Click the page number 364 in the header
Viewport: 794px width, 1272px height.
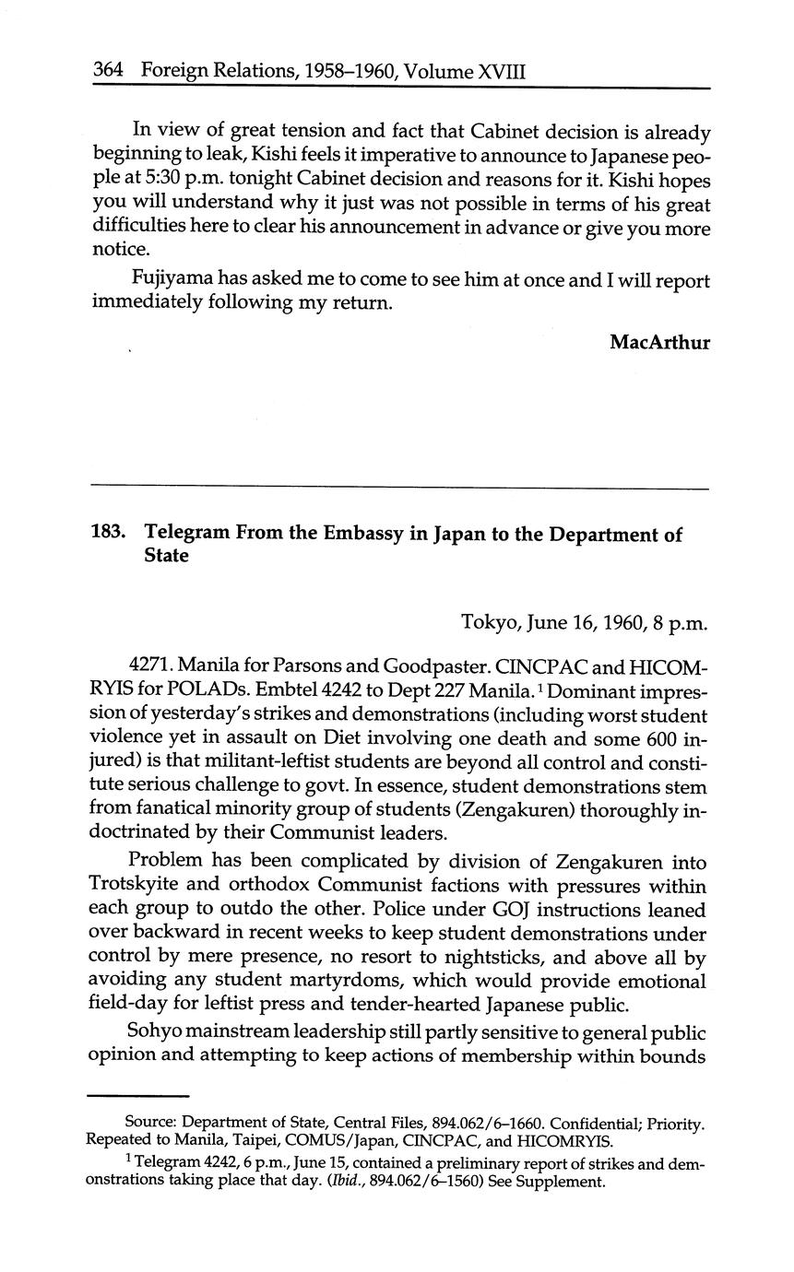click(109, 70)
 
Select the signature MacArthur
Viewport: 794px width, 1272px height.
click(659, 342)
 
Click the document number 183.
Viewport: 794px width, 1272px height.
click(109, 535)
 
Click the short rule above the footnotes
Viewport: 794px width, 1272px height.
click(137, 1095)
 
